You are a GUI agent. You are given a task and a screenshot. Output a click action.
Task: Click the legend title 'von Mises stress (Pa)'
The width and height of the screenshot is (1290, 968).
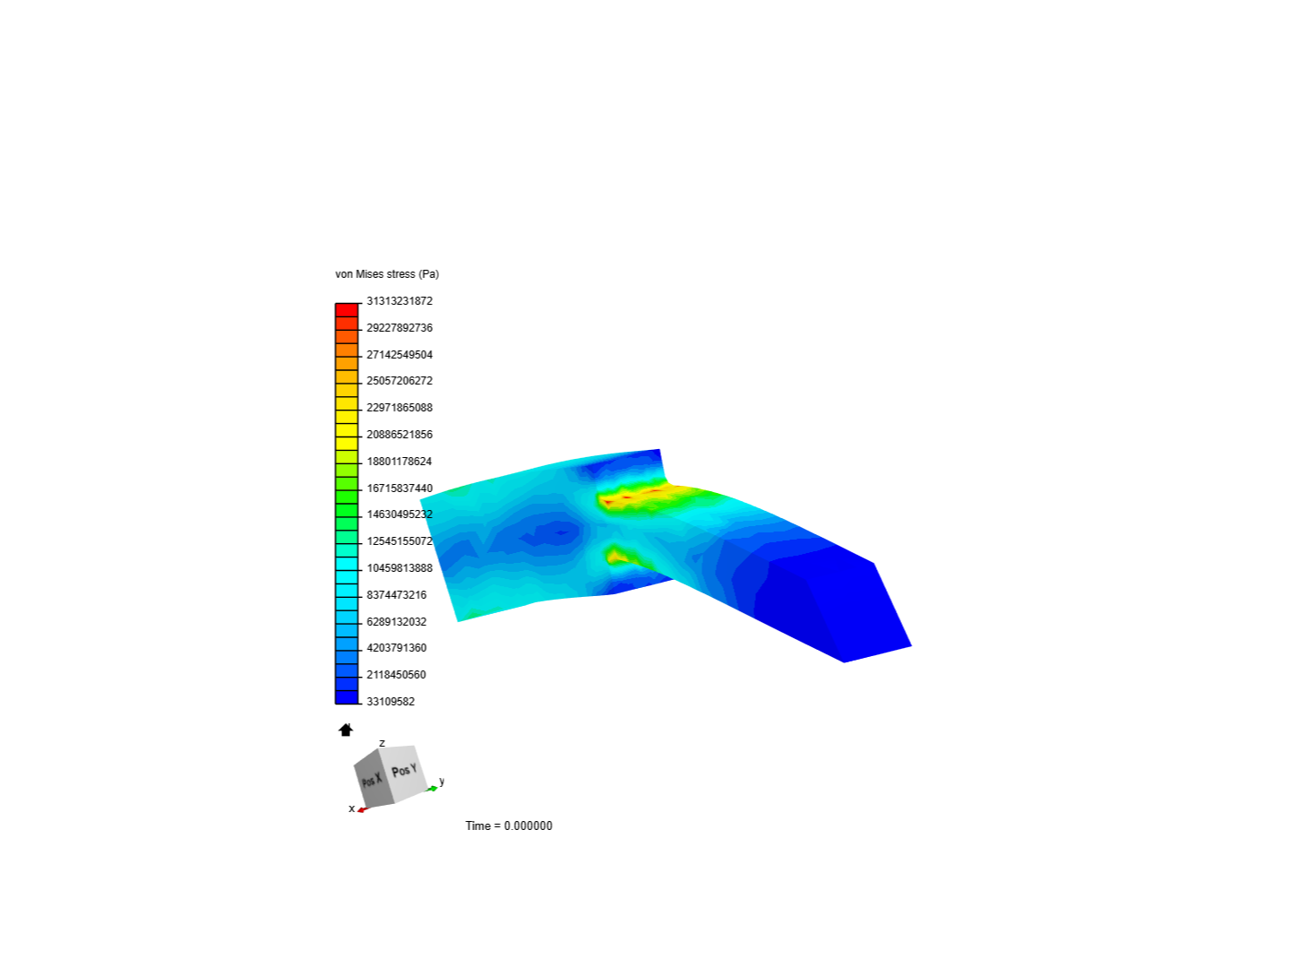387,274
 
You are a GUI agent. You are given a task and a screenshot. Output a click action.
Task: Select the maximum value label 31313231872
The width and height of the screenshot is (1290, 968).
399,301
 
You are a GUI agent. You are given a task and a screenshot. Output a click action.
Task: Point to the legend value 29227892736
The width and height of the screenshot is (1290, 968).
399,328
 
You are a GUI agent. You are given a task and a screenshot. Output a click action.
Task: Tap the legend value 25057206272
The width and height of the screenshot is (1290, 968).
399,381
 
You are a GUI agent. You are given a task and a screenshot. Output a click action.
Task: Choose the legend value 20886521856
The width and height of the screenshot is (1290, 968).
399,435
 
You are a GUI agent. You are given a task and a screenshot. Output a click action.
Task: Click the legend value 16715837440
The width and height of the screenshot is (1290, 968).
399,488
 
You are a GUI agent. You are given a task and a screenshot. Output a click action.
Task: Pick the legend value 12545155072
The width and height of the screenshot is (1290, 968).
399,540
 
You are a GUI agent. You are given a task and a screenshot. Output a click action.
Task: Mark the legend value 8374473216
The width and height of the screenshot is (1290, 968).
396,595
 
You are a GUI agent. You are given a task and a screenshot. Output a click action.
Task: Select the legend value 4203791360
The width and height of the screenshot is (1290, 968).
396,648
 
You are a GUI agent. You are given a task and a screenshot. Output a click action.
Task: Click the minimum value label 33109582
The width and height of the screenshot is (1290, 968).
391,701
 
